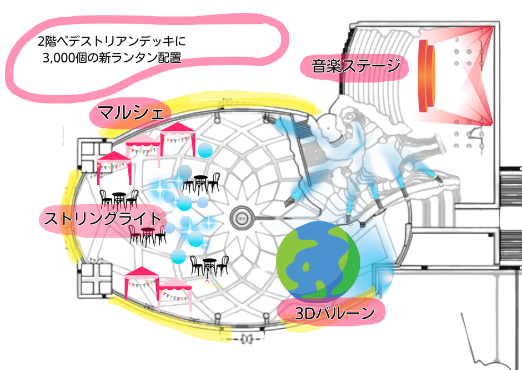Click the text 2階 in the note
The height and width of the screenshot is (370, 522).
pyautogui.click(x=47, y=41)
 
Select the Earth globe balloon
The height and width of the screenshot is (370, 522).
pyautogui.click(x=318, y=260)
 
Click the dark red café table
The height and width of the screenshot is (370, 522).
pyautogui.click(x=147, y=234)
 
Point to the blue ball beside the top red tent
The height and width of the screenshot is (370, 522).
pyautogui.click(x=205, y=150)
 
